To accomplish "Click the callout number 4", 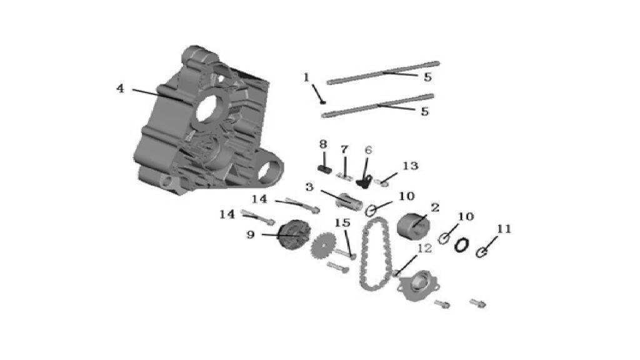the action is tap(120, 88).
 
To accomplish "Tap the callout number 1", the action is tap(306, 77).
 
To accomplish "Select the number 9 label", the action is tap(251, 234).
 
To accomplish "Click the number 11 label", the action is tap(504, 229).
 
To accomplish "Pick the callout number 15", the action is tap(342, 223).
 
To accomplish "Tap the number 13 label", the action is tap(410, 166).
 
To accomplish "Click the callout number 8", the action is tap(323, 144).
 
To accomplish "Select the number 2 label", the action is tap(435, 207).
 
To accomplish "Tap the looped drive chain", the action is tap(376, 254).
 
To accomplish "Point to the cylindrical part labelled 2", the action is tap(414, 226).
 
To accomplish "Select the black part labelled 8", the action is tap(324, 169).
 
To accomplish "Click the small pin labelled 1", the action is tap(323, 101).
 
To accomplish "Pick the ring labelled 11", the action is tap(482, 252).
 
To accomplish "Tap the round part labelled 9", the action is tap(295, 234).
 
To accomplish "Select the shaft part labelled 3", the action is tap(349, 201).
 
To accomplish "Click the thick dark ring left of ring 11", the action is tap(462, 245).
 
